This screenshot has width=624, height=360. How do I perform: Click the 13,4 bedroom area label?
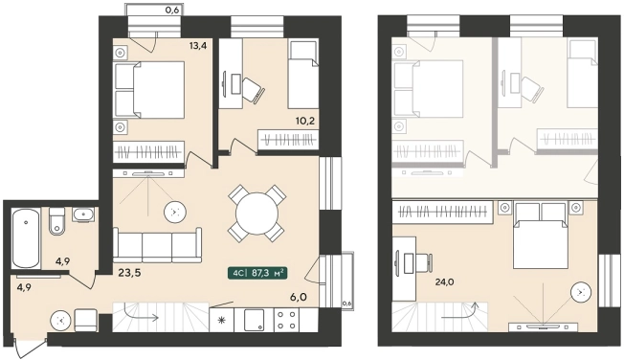coord(198,45)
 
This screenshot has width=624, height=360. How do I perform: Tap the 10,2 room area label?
coord(305,121)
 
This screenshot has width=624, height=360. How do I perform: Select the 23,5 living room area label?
coord(130,273)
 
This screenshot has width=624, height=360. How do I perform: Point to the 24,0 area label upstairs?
coord(444,282)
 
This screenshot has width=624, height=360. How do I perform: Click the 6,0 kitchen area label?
coord(299,297)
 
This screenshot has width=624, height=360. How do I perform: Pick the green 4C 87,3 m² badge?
coord(257,273)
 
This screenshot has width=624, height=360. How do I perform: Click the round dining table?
coord(256,214)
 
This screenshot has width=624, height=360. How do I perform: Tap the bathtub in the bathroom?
coord(26,238)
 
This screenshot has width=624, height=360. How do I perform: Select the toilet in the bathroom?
coord(56,220)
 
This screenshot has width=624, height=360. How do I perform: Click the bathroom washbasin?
coord(83,214)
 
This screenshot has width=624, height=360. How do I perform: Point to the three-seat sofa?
coord(157,245)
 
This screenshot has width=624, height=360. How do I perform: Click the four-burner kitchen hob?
coord(286,320)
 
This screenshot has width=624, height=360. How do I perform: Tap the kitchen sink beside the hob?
coord(254,320)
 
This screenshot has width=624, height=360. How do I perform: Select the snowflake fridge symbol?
coord(221,320)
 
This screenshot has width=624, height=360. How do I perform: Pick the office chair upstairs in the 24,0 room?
coord(424,263)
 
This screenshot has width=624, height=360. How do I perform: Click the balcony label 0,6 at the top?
coord(172,11)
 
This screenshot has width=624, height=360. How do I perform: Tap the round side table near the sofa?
coord(175,212)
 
